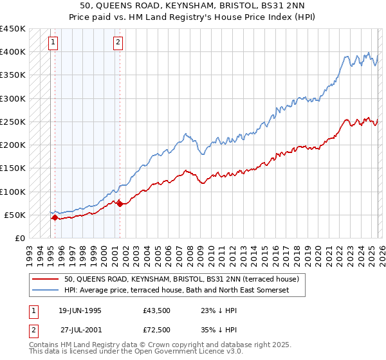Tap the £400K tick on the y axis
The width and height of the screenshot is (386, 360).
tap(13, 52)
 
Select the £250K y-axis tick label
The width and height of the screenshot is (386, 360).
tap(13, 122)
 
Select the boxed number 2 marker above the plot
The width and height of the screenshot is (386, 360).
tap(119, 43)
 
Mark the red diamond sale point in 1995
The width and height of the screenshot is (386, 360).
tap(55, 218)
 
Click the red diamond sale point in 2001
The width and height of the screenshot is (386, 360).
tap(120, 204)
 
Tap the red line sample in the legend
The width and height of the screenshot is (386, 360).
tap(45, 280)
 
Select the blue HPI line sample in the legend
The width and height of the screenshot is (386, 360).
tap(45, 291)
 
